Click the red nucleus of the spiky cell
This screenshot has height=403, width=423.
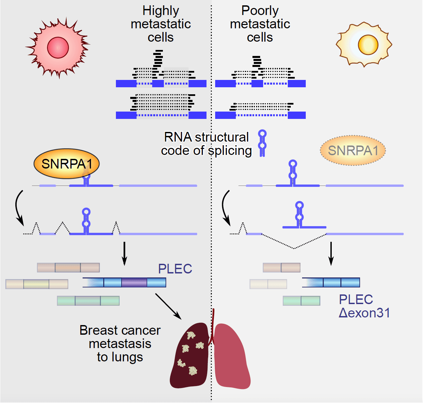click(x=58, y=48)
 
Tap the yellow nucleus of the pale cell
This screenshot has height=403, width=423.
click(x=368, y=45)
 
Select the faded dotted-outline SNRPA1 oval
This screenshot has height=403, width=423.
click(x=353, y=151)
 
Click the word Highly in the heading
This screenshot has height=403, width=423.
click(x=161, y=11)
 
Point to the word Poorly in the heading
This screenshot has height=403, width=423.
click(x=260, y=11)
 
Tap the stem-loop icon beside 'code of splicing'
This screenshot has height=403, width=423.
click(x=262, y=143)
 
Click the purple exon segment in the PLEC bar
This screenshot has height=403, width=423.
click(x=134, y=282)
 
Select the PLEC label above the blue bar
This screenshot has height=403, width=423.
click(x=175, y=269)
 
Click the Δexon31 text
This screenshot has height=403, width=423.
click(x=364, y=313)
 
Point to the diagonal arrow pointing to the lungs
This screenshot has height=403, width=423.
click(x=168, y=306)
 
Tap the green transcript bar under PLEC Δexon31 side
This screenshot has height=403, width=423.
click(x=301, y=301)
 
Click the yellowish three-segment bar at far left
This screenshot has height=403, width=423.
click(x=37, y=284)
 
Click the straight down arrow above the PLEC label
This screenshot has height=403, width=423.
click(x=124, y=253)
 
